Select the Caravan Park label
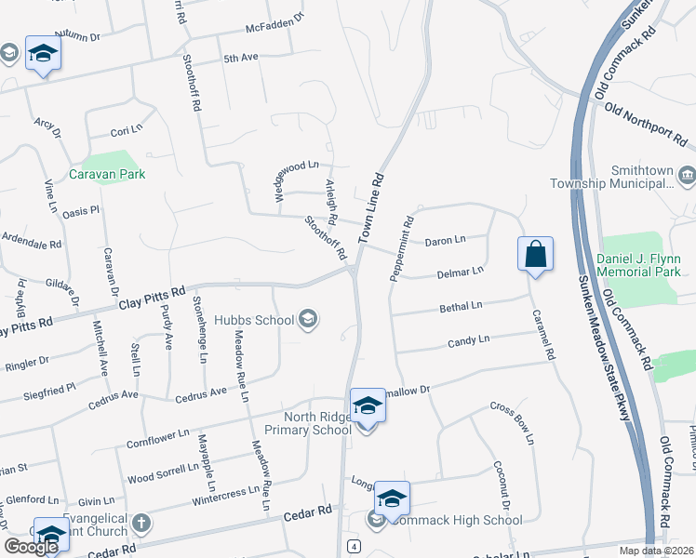click(x=107, y=174)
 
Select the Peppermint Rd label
click(x=402, y=251)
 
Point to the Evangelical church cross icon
click(x=141, y=523)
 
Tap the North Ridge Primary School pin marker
click(x=368, y=407)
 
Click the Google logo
click(x=31, y=548)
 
